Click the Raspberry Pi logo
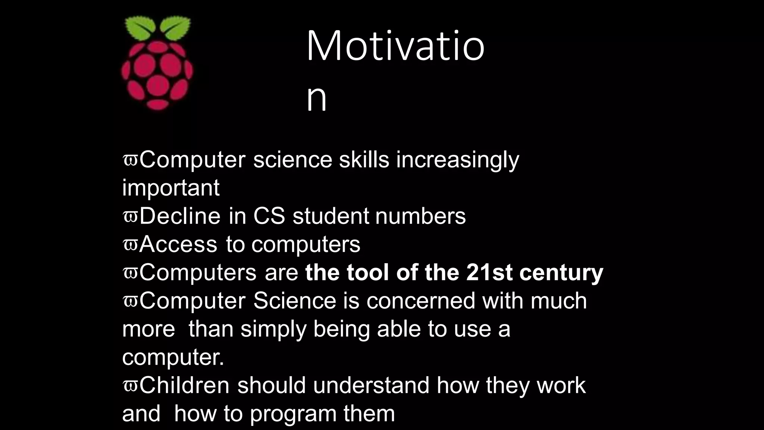157,63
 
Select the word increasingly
457,161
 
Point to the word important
171,188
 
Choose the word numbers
420,216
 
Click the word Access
178,244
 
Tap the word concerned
421,301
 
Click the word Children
184,386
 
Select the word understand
371,386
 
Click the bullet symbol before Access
130,245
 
